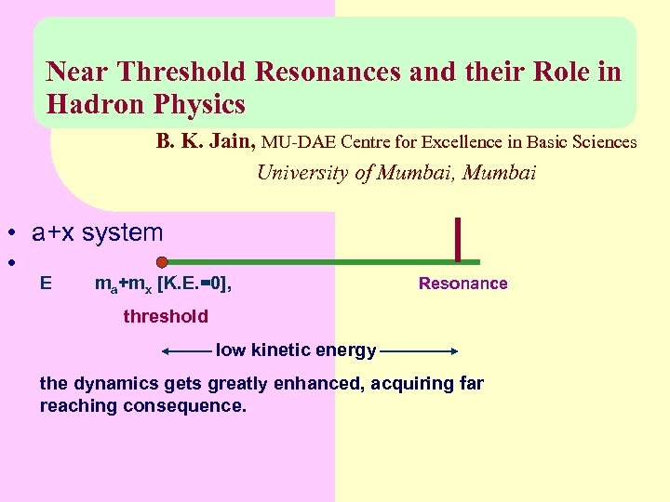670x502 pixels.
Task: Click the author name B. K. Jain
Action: click(206, 142)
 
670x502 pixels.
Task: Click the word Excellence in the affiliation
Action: click(463, 142)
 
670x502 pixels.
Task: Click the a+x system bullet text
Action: click(97, 232)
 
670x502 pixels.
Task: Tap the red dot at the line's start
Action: click(162, 262)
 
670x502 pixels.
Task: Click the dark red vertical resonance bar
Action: click(458, 238)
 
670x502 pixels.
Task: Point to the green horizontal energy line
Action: click(316, 262)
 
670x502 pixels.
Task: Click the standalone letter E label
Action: click(47, 283)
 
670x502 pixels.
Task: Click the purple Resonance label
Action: click(462, 284)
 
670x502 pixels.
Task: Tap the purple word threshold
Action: click(166, 316)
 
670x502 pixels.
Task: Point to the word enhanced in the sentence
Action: click(319, 383)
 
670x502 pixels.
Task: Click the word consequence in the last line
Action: click(194, 405)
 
